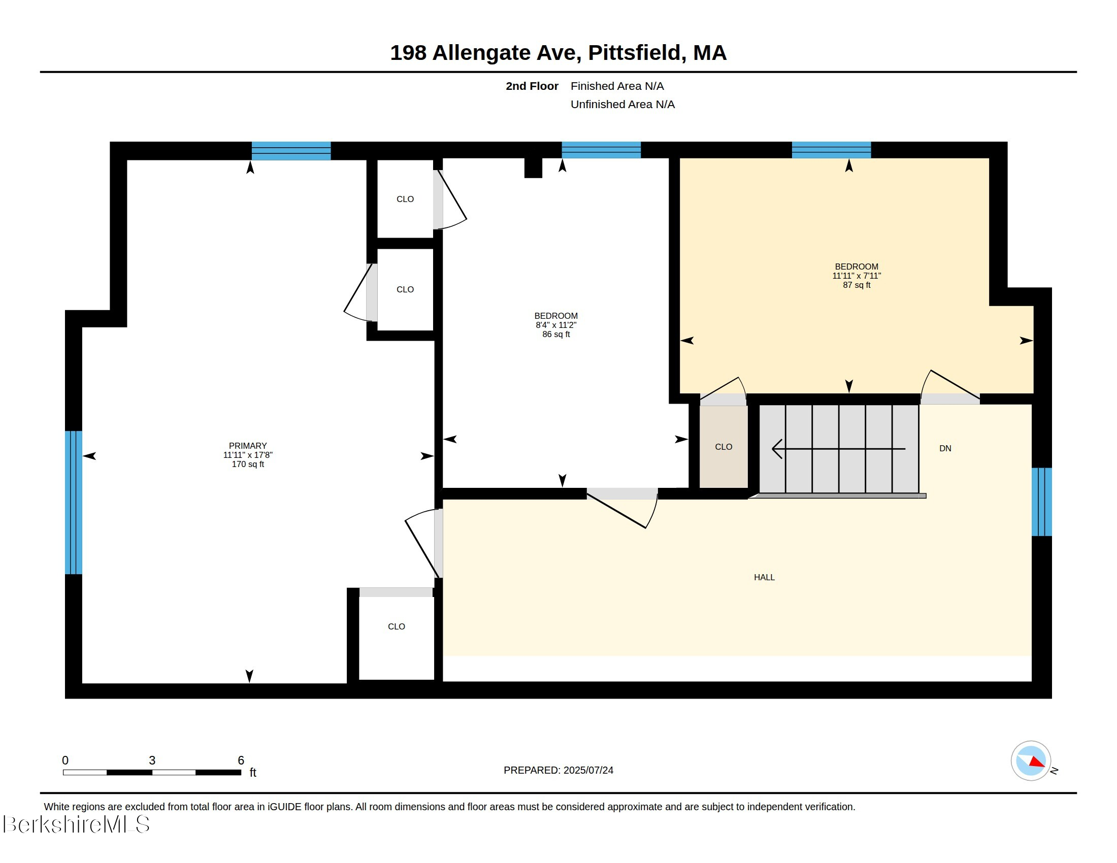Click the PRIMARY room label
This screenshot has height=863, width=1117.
[x=248, y=446]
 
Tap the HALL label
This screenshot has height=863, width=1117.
[x=764, y=577]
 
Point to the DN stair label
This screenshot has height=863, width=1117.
[x=945, y=448]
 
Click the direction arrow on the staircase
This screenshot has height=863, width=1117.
[x=838, y=449]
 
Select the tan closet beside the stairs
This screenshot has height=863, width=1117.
[x=724, y=446]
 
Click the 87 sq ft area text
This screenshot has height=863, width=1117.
[x=857, y=285]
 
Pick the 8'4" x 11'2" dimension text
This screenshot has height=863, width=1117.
[x=556, y=325]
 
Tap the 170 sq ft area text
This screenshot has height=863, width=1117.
[x=248, y=464]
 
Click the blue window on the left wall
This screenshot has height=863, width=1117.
[x=74, y=503]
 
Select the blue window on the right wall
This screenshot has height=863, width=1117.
[x=1041, y=502]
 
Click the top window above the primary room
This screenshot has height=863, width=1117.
[x=291, y=151]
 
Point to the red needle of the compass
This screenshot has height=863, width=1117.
[x=1037, y=762]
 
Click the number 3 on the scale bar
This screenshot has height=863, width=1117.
[x=152, y=760]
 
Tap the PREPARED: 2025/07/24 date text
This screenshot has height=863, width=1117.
[x=558, y=770]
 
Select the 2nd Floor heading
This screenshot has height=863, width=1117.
[x=532, y=86]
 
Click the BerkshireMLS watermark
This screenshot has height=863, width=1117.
[x=76, y=823]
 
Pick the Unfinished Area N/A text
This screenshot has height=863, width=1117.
[x=622, y=104]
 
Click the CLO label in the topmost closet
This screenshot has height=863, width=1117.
[x=405, y=199]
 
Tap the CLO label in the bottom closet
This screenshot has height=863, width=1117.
[x=397, y=626]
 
